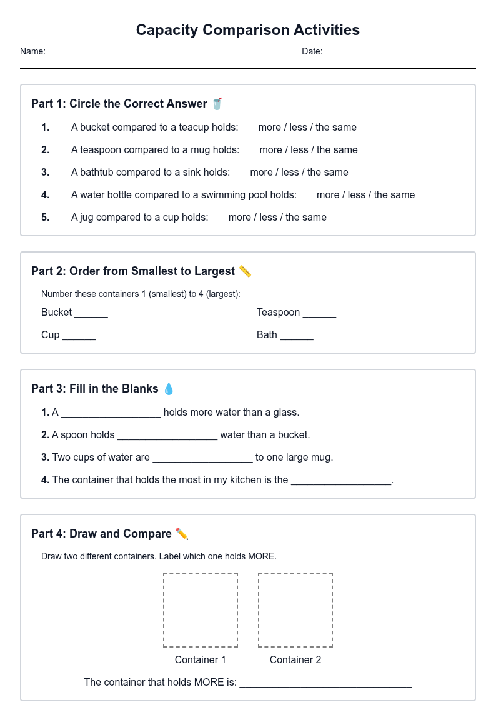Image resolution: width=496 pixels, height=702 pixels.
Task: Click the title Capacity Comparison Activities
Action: pyautogui.click(x=248, y=29)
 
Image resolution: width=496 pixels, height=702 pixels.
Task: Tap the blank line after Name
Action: pyautogui.click(x=124, y=56)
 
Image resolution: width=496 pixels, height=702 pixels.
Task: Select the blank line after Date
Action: pyautogui.click(x=400, y=56)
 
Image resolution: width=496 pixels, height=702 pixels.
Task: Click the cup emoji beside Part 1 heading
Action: pyautogui.click(x=217, y=104)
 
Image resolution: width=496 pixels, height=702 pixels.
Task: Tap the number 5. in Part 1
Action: pyautogui.click(x=45, y=217)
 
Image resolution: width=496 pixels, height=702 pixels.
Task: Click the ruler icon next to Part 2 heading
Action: pyautogui.click(x=245, y=271)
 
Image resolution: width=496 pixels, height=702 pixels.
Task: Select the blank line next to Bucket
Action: pyautogui.click(x=91, y=316)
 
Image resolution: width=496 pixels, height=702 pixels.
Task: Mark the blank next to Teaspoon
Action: pyautogui.click(x=319, y=316)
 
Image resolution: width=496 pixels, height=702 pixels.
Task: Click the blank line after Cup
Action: pyautogui.click(x=79, y=339)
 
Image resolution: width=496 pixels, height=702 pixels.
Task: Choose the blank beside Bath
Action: pyautogui.click(x=297, y=339)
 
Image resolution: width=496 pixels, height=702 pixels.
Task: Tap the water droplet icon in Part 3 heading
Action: pyautogui.click(x=169, y=389)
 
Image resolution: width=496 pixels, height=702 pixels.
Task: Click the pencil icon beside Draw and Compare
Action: pyautogui.click(x=182, y=534)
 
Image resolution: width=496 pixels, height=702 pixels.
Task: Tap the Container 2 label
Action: pyautogui.click(x=295, y=660)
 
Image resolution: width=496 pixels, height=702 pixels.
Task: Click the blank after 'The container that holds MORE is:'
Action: pyautogui.click(x=325, y=686)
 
